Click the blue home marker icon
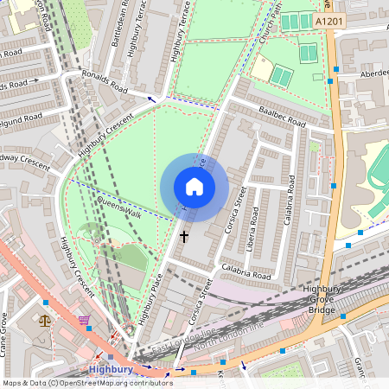point(194,187)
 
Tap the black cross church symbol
point(183,234)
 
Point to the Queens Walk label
point(118,207)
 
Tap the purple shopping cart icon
point(84,320)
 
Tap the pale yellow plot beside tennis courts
point(261,68)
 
